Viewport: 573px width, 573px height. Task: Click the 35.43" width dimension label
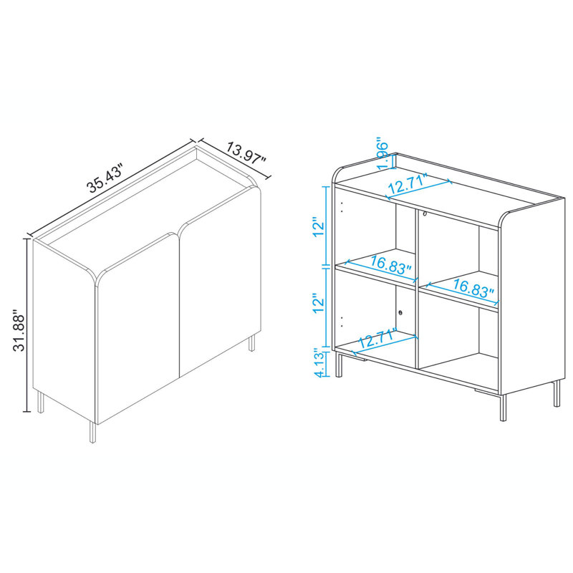[106, 179]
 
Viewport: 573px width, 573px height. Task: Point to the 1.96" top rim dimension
[383, 155]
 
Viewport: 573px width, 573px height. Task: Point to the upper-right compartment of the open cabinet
[458, 251]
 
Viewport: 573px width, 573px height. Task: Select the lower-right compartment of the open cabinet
[458, 344]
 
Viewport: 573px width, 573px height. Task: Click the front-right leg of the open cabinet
[501, 411]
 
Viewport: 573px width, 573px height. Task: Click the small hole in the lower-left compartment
[400, 313]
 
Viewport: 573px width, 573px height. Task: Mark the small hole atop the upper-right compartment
[425, 213]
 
